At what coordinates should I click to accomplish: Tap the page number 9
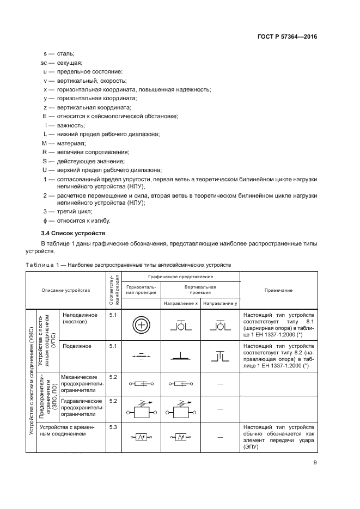tap(315, 463)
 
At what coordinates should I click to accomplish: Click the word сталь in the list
tap(64, 54)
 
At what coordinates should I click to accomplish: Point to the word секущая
tap(66, 63)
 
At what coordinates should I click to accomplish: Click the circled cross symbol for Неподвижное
tap(140, 325)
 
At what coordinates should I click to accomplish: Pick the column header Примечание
tap(278, 290)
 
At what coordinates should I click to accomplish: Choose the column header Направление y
tap(220, 303)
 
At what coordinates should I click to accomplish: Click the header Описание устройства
tap(66, 290)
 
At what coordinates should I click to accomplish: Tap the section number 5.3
tap(113, 427)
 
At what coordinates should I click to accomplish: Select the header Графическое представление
tap(180, 277)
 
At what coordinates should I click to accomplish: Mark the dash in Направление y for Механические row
tap(220, 384)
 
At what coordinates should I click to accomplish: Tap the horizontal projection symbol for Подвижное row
tap(140, 356)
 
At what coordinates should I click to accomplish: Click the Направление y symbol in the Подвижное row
tap(220, 356)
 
